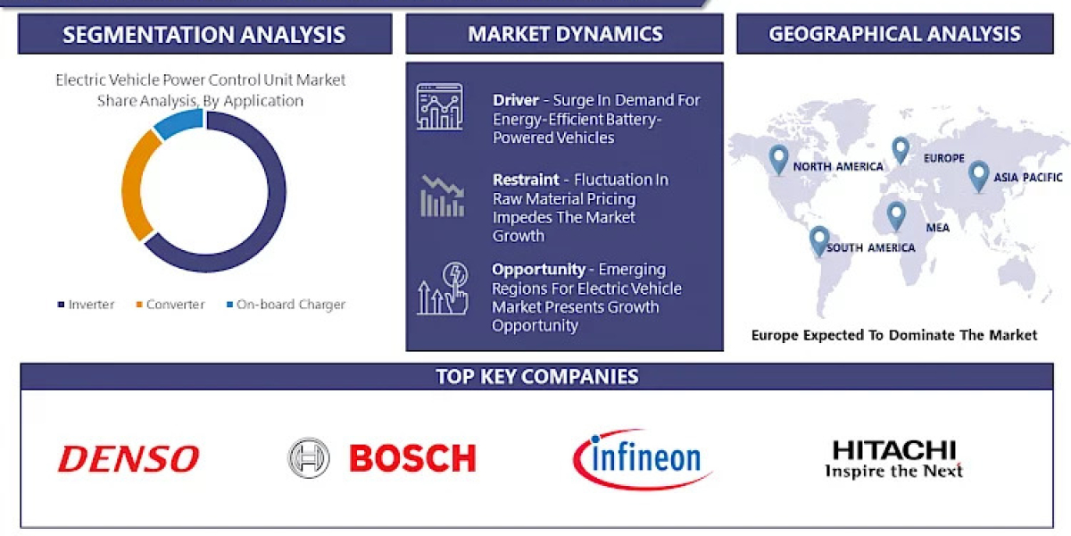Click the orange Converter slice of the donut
point(134,188)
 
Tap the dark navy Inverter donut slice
point(268,214)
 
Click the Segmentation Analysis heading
point(204,35)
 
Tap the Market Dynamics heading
point(565,35)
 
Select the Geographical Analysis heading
point(894,34)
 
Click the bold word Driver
point(516,100)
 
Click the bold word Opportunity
point(538,269)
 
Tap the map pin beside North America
point(779,158)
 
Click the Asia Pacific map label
point(1028,177)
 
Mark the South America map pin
point(819,239)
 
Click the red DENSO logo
point(129,458)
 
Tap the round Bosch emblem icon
point(309,457)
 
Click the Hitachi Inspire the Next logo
point(893,459)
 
